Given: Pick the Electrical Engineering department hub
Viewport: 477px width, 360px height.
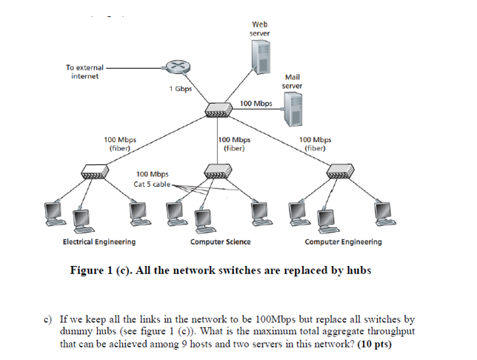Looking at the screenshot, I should [96, 173].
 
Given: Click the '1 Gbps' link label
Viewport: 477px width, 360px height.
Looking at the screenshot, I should [180, 90].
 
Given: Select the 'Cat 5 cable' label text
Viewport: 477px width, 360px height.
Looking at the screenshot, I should [152, 184].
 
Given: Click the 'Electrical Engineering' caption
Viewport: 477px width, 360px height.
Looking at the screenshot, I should [99, 242].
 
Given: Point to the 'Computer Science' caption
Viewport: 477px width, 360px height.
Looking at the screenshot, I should [220, 242].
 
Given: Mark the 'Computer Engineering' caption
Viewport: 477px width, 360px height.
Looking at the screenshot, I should [343, 242].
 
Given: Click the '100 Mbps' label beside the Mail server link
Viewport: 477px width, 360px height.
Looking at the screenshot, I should [256, 104].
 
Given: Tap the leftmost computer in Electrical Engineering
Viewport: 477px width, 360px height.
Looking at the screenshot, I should [53, 214].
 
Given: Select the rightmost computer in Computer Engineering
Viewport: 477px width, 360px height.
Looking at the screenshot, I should [383, 213].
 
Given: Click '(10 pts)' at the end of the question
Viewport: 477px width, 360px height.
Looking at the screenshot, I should [374, 344].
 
